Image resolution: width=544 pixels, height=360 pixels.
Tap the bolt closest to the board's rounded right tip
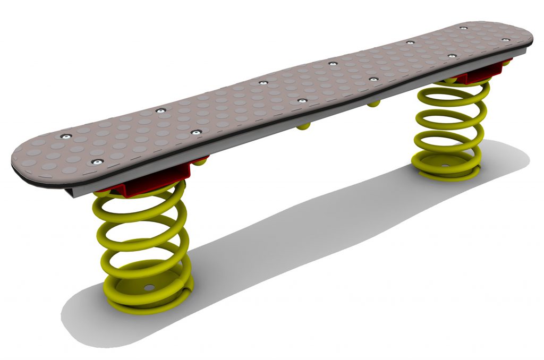[464, 28]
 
